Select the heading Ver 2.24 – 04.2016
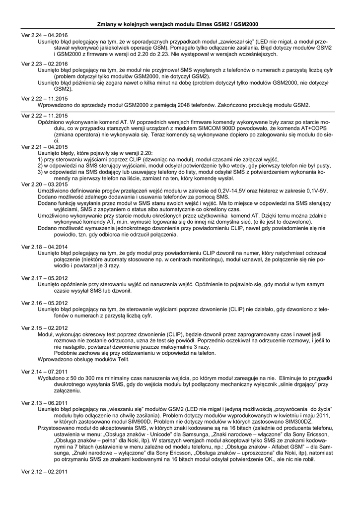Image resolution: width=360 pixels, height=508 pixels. (x=45, y=36)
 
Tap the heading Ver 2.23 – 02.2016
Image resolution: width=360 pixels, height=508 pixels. (x=45, y=64)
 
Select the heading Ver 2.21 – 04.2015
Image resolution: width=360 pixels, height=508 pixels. (x=45, y=147)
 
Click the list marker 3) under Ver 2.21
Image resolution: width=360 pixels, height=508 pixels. (x=41, y=172)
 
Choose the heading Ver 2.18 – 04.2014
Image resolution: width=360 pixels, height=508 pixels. (x=45, y=247)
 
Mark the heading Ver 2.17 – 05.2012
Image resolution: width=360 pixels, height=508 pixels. (x=45, y=278)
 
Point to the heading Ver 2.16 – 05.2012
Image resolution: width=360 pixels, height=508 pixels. (x=45, y=302)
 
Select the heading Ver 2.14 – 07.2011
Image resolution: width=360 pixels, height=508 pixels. (x=45, y=371)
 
